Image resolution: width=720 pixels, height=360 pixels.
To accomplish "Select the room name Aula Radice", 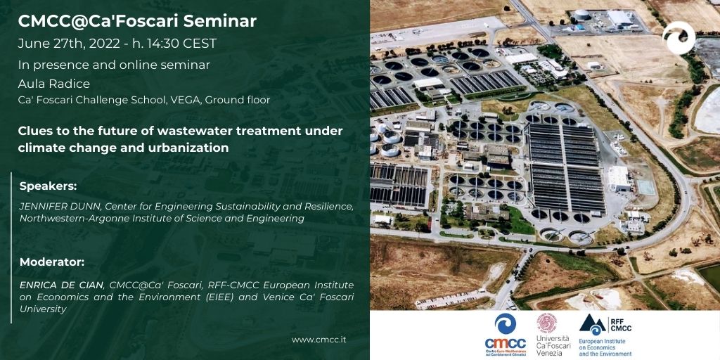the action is [53, 84].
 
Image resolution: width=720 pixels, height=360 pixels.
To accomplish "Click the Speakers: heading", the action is [48, 186].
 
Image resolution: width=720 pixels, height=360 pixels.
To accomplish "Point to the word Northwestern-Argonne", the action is [63, 219].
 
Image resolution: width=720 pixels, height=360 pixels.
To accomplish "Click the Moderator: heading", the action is [52, 263].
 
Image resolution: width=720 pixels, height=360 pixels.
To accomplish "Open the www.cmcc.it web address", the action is [319, 340].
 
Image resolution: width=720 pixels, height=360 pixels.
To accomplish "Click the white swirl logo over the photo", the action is [679, 38].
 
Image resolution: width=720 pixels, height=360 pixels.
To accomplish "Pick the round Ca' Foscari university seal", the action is [547, 323].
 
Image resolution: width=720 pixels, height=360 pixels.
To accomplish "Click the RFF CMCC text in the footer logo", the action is [620, 325].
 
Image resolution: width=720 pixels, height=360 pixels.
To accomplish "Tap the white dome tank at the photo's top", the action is [581, 15].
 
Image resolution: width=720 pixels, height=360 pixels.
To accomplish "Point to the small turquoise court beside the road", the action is [645, 187].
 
